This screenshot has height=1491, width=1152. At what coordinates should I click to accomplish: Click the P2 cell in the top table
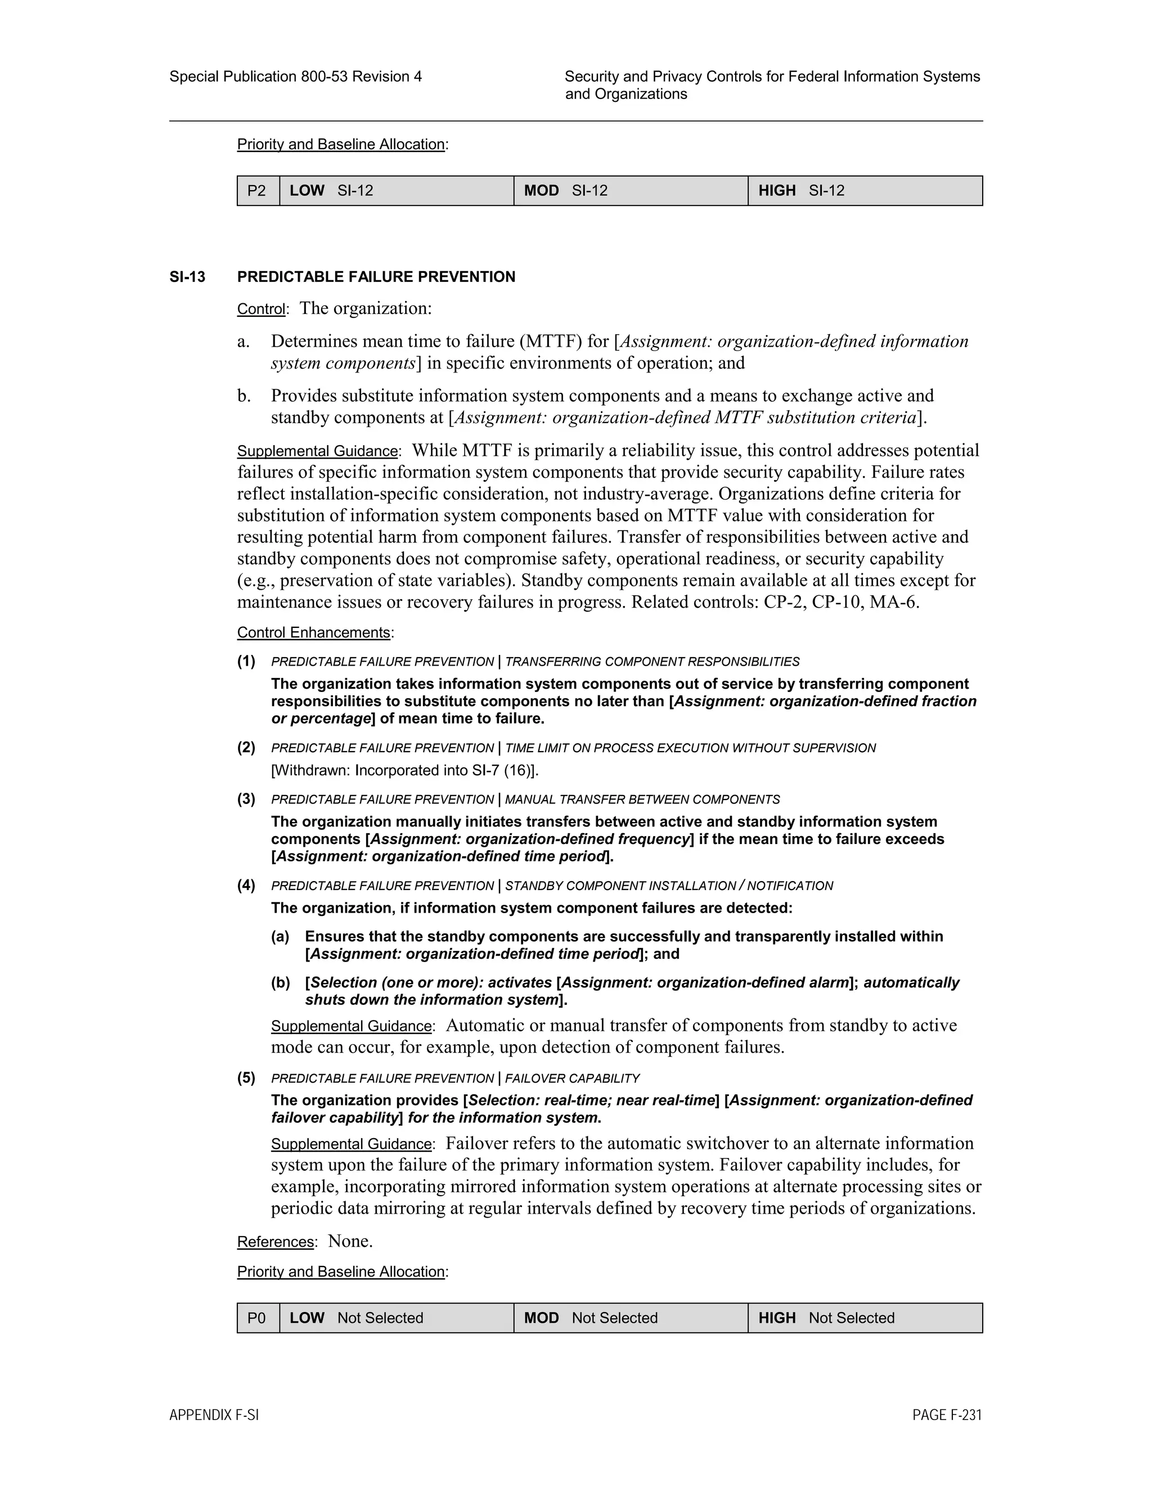pos(257,191)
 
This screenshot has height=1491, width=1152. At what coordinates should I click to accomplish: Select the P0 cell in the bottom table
pos(257,1318)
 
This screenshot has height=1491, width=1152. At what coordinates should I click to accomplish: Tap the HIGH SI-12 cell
pos(864,191)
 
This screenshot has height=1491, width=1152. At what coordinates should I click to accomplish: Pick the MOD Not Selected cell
pos(630,1318)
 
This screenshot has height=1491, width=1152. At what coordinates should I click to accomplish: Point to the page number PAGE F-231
pos(947,1414)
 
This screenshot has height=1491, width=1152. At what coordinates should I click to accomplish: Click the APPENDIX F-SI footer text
pos(214,1414)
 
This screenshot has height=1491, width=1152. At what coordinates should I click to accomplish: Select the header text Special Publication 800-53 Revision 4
pos(295,77)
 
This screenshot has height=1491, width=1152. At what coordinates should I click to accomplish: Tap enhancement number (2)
pos(246,748)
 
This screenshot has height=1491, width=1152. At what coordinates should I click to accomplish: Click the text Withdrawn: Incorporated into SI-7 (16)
pos(404,771)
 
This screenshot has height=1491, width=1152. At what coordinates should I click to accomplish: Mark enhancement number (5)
pos(246,1078)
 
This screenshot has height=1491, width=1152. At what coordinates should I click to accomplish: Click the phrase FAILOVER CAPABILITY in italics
pos(572,1079)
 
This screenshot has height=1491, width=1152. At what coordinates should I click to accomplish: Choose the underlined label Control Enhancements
pos(313,633)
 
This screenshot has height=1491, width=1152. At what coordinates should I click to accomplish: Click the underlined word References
pos(276,1242)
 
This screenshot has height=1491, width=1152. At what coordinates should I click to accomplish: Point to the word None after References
pos(349,1241)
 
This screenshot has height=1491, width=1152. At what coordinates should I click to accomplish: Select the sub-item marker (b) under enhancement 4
pos(281,982)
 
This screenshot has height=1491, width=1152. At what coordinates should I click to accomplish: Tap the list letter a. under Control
pos(244,342)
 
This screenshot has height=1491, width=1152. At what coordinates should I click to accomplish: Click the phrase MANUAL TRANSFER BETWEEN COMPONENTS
pos(642,800)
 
